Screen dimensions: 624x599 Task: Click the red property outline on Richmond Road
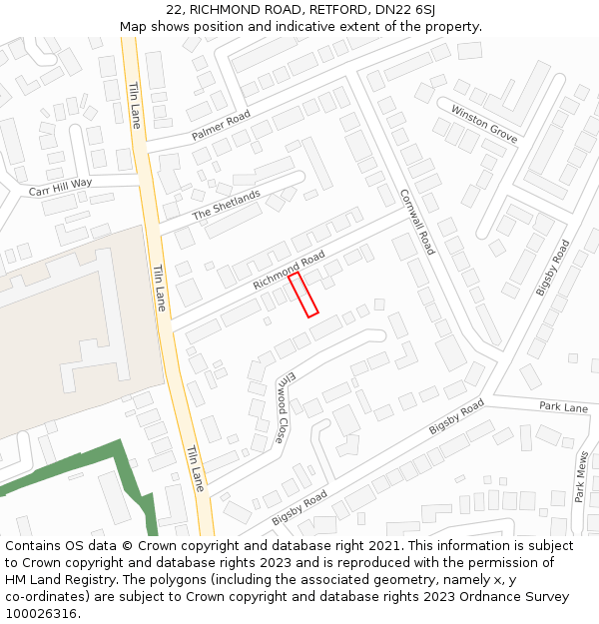point(303,296)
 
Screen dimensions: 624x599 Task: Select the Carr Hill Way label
point(60,187)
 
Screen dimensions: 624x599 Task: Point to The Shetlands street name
point(226,206)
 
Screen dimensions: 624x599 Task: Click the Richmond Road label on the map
point(289,271)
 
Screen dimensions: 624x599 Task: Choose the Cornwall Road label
point(417,222)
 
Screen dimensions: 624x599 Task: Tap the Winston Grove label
point(484,124)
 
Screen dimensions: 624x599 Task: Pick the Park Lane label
point(563,407)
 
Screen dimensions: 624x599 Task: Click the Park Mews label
point(580,477)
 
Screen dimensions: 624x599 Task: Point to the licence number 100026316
point(43,614)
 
